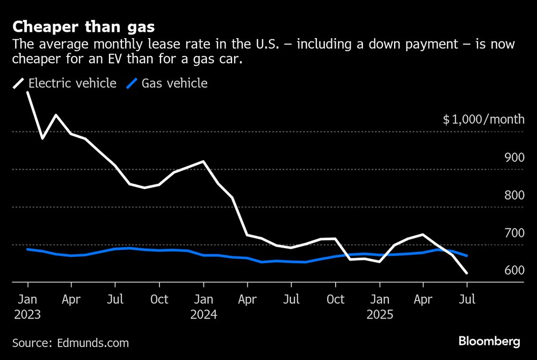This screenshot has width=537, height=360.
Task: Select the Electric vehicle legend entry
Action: (x=65, y=83)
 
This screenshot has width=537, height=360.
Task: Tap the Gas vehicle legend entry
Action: (x=167, y=83)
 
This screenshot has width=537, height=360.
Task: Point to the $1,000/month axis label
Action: (x=483, y=119)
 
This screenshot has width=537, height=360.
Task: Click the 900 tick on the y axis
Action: (x=513, y=157)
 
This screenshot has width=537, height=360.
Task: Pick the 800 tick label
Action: (x=513, y=195)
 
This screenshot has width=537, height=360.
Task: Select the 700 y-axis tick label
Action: (x=513, y=233)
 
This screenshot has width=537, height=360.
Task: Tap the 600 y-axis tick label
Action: (x=513, y=270)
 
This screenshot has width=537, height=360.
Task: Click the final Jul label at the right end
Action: (x=467, y=299)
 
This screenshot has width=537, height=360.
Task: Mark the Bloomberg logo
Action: (x=489, y=341)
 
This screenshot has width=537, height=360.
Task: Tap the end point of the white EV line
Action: (x=467, y=273)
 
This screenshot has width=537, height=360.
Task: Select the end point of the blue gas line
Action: (x=467, y=256)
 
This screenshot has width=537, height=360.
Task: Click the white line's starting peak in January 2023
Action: (x=27, y=92)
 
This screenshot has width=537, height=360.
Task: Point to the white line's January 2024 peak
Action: (x=204, y=161)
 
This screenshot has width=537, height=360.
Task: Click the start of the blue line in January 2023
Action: (x=27, y=249)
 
